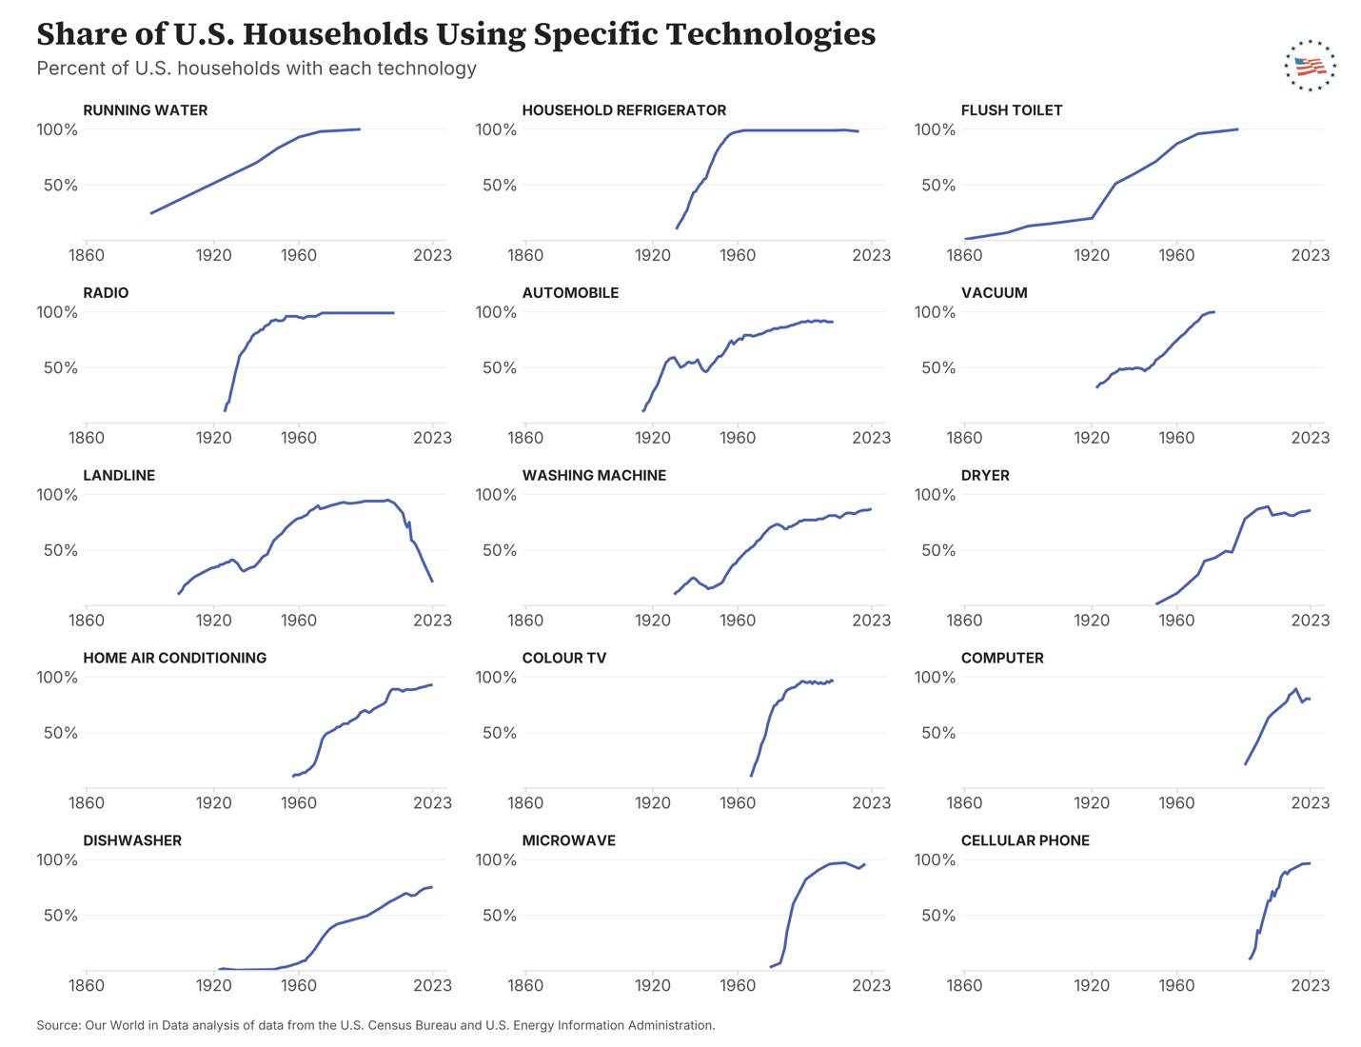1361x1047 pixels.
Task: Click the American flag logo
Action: (x=1310, y=65)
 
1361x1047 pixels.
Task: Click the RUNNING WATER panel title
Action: (x=146, y=110)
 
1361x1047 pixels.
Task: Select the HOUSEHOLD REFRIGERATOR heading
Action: (x=623, y=110)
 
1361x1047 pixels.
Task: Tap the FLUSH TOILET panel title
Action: (x=1012, y=110)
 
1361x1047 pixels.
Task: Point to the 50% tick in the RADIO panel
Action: (x=61, y=367)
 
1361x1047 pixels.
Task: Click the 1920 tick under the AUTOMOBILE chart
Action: (x=653, y=438)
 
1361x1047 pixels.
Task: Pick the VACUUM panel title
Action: (x=994, y=293)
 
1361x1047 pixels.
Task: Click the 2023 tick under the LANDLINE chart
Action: (x=432, y=621)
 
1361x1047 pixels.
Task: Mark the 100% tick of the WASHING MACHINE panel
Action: (x=496, y=495)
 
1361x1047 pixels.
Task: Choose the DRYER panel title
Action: (x=985, y=475)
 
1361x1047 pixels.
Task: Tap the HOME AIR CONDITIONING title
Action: (x=175, y=658)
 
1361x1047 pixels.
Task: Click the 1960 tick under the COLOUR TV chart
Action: (x=738, y=802)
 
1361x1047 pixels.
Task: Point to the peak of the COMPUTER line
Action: (x=1295, y=689)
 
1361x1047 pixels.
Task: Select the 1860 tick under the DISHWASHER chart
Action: (x=87, y=986)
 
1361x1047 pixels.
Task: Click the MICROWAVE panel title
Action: (x=569, y=840)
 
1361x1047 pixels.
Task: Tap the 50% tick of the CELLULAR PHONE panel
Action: (x=938, y=916)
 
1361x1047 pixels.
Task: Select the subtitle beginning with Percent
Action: (x=256, y=69)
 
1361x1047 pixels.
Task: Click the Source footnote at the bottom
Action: (x=376, y=1025)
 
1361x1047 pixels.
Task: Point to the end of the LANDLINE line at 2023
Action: (x=432, y=582)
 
